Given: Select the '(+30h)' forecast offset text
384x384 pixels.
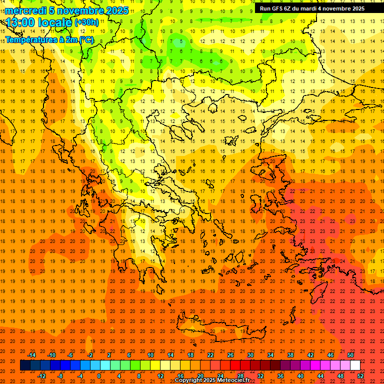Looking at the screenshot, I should click(86, 22).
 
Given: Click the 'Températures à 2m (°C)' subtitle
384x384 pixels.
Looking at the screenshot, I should click(49, 39).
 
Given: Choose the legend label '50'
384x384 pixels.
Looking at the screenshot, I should click(350, 355).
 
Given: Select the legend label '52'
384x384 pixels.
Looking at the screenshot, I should click(360, 375).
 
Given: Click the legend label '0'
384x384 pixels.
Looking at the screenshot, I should click(99, 375).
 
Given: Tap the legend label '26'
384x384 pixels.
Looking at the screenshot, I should click(230, 355).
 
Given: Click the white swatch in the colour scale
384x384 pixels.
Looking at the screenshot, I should click(355, 365).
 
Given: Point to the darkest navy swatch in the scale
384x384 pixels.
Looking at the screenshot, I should click(25, 365).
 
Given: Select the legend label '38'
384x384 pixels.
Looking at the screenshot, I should click(290, 355).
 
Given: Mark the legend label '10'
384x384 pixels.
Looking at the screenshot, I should click(150, 355).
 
